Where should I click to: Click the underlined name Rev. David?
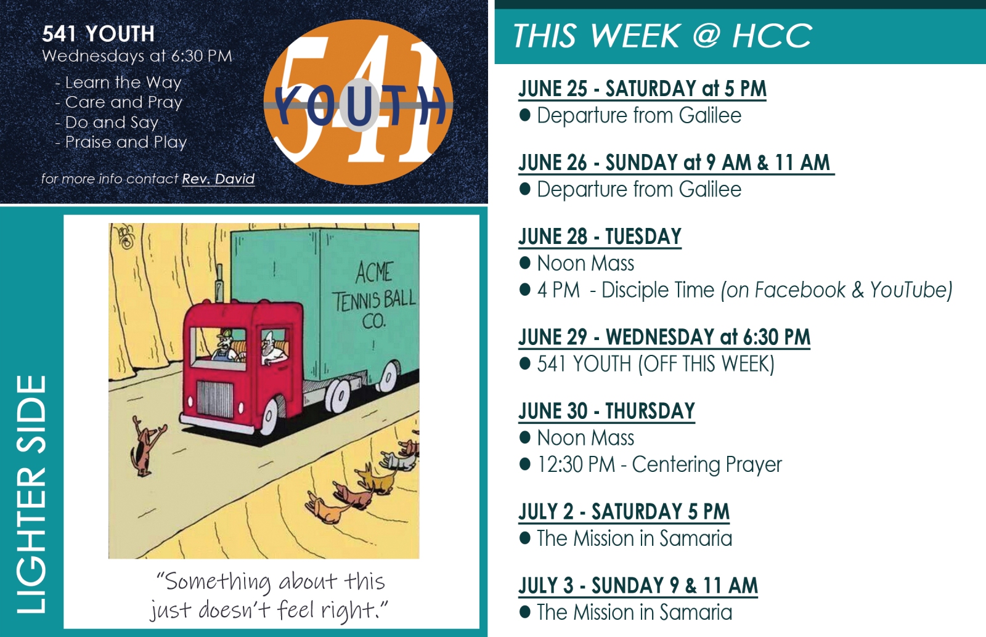tap(218, 179)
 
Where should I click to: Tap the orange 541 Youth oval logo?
tap(358, 102)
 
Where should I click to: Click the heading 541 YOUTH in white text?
tap(98, 34)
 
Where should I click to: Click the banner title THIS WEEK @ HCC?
tap(662, 36)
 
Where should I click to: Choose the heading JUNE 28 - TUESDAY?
tap(600, 237)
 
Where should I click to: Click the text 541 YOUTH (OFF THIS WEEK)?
tap(656, 364)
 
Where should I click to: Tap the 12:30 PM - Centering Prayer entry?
tap(659, 465)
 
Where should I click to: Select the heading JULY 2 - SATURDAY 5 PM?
tap(624, 511)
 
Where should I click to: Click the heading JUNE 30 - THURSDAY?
tap(606, 412)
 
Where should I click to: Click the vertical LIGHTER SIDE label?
tap(31, 494)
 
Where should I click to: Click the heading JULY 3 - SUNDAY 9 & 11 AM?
tap(638, 585)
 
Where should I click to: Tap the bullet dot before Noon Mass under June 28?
tap(524, 263)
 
